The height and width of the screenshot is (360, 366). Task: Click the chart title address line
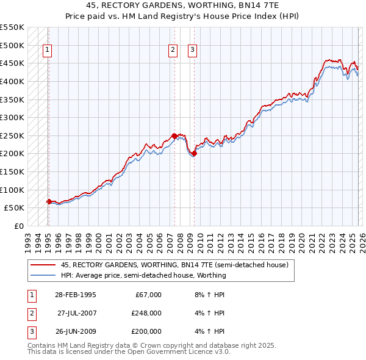(x=182, y=5)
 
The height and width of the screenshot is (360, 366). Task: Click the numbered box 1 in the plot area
(x=48, y=51)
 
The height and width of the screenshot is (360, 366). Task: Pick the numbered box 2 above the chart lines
(x=173, y=51)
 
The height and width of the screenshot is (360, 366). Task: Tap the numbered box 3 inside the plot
(x=192, y=51)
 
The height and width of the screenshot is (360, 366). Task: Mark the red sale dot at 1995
(x=49, y=201)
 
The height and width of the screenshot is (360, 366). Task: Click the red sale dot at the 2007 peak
(x=174, y=136)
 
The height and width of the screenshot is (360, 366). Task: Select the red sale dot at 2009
(x=194, y=154)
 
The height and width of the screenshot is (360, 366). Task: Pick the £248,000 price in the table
(x=146, y=313)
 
